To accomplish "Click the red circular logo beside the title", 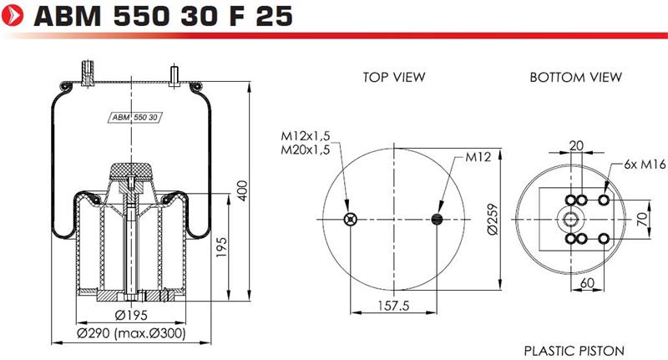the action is tap(13, 15).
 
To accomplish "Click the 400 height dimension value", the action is tap(242, 190).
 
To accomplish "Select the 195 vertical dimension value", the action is tap(221, 247).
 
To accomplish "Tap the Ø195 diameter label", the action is tap(131, 315).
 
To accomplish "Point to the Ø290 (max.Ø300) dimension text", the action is tap(131, 333).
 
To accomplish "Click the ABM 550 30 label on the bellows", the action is tap(134, 117).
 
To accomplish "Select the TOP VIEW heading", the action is tap(394, 77).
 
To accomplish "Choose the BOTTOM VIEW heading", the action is tap(575, 77).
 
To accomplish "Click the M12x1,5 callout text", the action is tap(306, 136).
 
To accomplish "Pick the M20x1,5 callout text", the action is tap(306, 150).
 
